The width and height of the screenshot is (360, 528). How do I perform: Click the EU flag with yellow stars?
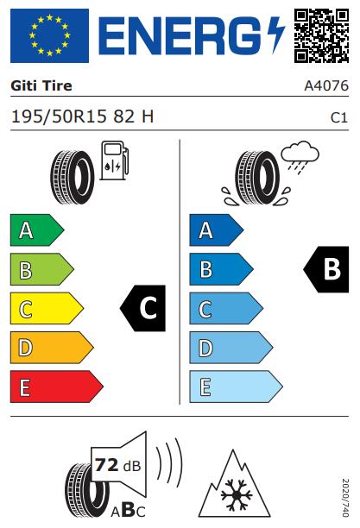49,35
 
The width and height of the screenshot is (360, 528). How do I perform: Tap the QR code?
321,35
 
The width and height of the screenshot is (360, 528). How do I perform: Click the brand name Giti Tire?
41,86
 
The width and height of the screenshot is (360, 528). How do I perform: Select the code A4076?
326,86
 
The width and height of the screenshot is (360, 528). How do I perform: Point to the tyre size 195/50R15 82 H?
83,116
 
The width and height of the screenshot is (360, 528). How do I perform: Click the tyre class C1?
338,118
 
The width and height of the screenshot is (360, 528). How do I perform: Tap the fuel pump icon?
115,160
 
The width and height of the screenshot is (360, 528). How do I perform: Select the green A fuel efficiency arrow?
37,230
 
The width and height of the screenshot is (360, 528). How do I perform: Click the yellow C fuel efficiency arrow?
47,309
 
